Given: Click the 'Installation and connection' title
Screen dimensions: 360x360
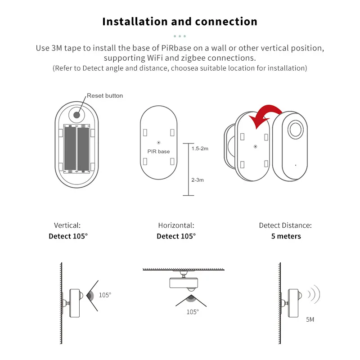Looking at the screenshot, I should pos(180,22).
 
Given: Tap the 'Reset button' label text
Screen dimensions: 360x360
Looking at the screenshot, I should pos(104,96).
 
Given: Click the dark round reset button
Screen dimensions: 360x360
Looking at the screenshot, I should pos(76,114).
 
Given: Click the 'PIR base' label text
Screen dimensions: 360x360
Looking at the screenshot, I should pos(158,152).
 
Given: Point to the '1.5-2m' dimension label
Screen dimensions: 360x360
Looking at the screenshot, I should pos(200,148).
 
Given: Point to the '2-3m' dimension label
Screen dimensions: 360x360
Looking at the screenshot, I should pos(198,180).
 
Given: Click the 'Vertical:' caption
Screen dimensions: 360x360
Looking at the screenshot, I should pos(67,225).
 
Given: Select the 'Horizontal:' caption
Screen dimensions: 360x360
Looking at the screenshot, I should pos(176,225).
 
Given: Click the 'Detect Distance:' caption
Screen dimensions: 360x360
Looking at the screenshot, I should pos(285,225).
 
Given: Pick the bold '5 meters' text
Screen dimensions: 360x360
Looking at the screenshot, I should pos(286,236).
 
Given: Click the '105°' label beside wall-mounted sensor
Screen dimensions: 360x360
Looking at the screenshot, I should pos(105,295).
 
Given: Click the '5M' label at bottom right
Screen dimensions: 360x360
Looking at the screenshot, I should pos(310,319).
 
